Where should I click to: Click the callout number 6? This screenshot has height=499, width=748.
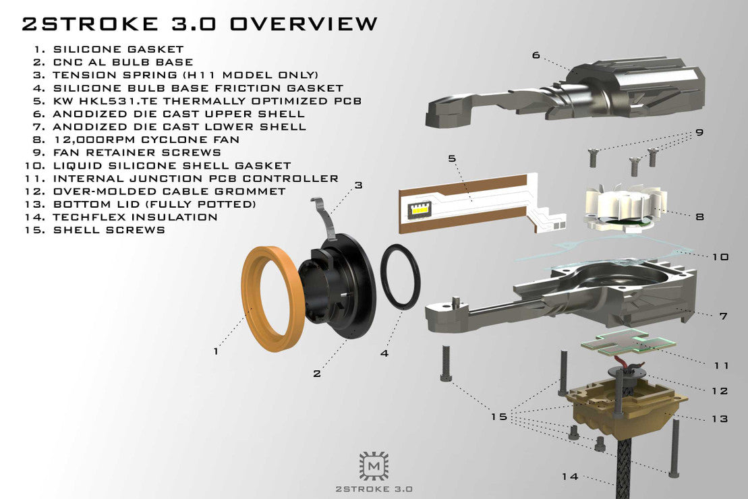[536, 55]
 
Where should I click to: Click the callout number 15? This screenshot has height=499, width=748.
[498, 417]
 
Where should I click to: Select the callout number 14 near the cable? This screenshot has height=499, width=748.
[570, 477]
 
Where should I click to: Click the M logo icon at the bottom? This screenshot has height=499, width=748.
[374, 465]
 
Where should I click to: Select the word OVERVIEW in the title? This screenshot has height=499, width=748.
[304, 24]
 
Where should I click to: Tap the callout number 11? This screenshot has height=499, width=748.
[721, 365]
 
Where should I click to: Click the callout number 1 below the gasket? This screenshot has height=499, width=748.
[216, 351]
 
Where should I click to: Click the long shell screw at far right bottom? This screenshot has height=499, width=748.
[673, 445]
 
